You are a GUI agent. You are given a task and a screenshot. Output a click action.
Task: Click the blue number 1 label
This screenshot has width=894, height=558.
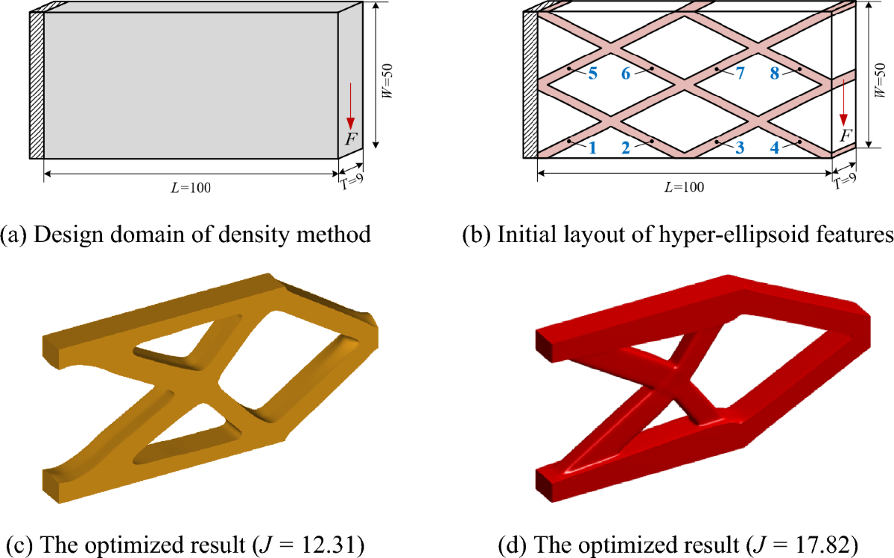click(x=592, y=147)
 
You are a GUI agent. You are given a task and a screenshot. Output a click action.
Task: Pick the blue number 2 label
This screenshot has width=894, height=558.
click(x=626, y=147)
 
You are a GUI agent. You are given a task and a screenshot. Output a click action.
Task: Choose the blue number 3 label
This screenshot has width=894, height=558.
click(x=740, y=147)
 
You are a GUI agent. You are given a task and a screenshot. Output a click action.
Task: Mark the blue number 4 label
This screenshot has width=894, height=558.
click(x=775, y=147)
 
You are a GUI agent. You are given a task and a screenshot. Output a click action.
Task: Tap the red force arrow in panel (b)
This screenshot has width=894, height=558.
click(x=843, y=104)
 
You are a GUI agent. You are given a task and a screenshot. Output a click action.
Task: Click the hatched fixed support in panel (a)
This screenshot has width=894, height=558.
click(x=37, y=85)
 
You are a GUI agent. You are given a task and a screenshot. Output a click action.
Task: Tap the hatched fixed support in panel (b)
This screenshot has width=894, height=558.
click(x=530, y=85)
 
